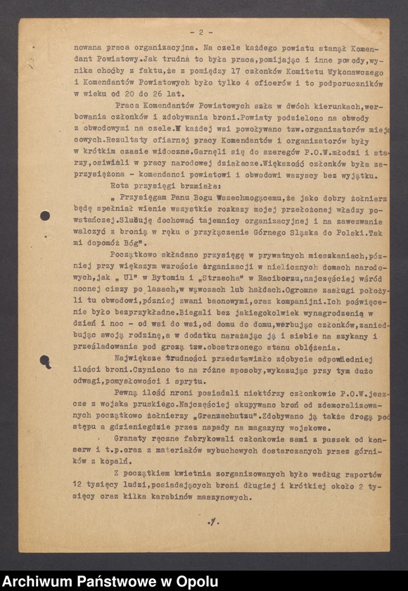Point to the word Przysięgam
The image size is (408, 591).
click(150, 199)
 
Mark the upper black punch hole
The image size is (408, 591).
click(44, 216)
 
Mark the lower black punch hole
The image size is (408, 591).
click(46, 361)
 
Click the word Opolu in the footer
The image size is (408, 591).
click(197, 581)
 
